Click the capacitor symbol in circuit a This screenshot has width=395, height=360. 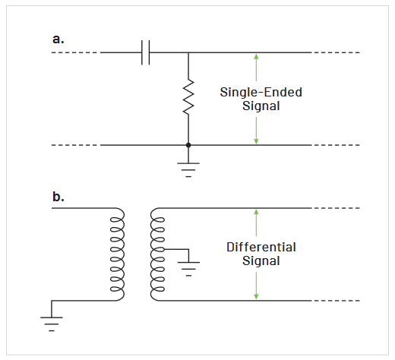147,53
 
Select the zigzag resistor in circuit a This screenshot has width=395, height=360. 188,98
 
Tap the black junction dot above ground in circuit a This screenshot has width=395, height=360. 188,144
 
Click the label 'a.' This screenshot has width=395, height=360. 58,37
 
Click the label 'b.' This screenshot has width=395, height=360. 58,197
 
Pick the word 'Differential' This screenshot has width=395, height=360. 261,248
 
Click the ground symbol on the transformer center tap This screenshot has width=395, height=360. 188,267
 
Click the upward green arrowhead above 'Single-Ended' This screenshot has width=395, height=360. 257,57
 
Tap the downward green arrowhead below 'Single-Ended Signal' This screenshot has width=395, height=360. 257,141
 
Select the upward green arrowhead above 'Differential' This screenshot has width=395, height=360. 257,212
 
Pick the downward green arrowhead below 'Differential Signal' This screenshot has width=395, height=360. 257,296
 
